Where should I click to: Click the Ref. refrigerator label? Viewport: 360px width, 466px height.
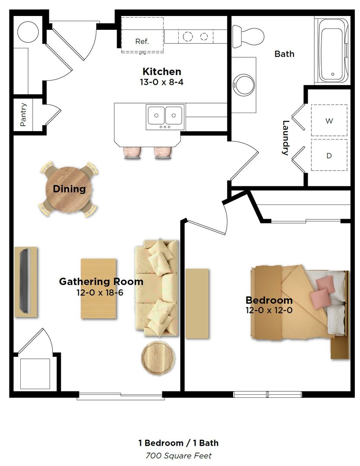[142, 42]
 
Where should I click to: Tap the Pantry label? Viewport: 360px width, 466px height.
[24, 114]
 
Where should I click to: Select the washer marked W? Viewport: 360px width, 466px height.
[329, 121]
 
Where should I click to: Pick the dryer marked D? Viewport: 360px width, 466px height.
[329, 155]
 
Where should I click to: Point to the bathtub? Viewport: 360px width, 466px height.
[332, 50]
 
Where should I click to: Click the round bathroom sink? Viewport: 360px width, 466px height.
[244, 85]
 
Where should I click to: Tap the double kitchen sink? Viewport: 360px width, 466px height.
[165, 116]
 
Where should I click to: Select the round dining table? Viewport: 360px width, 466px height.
[69, 189]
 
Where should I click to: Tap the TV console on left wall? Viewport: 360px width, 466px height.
[26, 282]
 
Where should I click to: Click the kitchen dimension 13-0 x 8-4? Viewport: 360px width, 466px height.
[161, 82]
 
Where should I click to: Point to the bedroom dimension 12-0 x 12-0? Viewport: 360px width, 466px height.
[269, 310]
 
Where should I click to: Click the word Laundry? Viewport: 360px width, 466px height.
[285, 138]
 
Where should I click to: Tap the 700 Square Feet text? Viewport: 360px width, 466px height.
[178, 455]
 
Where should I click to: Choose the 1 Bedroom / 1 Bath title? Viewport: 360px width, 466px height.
[178, 443]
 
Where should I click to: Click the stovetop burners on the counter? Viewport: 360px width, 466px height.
[196, 36]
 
